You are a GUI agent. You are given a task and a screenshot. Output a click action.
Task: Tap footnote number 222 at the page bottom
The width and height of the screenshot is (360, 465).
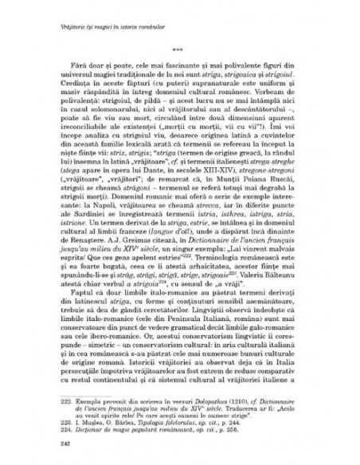pyautogui.click(x=56, y=384)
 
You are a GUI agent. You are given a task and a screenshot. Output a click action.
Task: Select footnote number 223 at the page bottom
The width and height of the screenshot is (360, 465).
pyautogui.click(x=56, y=405)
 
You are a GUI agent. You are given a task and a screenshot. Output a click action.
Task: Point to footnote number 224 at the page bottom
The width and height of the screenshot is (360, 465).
pyautogui.click(x=56, y=413)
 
